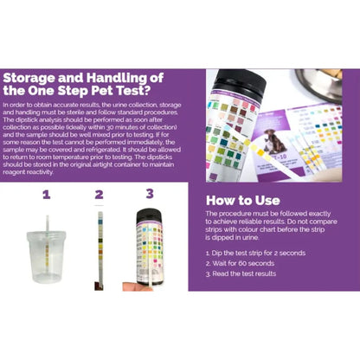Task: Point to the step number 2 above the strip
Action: [x=99, y=194]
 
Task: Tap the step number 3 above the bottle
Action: [x=149, y=194]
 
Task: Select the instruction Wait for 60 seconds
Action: [x=241, y=262]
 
